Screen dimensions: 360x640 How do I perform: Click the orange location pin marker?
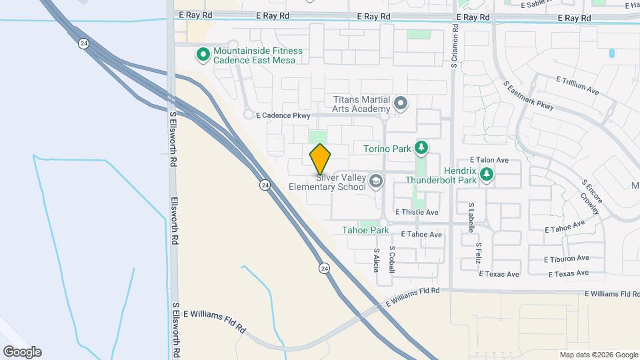pyautogui.click(x=320, y=159)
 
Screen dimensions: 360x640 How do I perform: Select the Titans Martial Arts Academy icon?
pyautogui.click(x=401, y=103)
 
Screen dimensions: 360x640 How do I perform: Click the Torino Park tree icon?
pyautogui.click(x=421, y=147)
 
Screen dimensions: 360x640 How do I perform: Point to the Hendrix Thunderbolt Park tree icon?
pyautogui.click(x=487, y=174)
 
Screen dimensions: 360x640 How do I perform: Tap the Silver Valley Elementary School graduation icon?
pyautogui.click(x=376, y=181)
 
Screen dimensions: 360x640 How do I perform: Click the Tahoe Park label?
pyautogui.click(x=365, y=230)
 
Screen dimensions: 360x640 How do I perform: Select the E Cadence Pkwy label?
pyautogui.click(x=283, y=115)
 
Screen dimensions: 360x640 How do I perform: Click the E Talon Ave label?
pyautogui.click(x=489, y=160)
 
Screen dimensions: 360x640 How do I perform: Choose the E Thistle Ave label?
pyautogui.click(x=417, y=212)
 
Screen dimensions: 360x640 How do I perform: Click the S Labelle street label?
pyautogui.click(x=471, y=218)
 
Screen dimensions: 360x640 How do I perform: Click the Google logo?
pyautogui.click(x=22, y=351)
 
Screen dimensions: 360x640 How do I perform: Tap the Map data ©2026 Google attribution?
pyautogui.click(x=597, y=355)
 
